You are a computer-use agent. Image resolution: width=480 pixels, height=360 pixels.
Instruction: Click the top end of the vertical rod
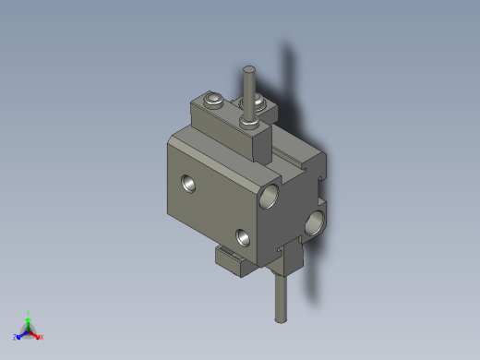point(248,69)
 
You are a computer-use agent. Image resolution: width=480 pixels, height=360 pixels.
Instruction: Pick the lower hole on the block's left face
point(243,236)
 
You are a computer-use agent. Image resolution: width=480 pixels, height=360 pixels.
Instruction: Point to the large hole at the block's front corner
point(271,195)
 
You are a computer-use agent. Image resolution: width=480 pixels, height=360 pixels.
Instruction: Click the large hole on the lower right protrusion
point(315,222)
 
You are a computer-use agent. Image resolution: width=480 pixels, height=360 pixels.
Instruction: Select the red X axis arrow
point(36,334)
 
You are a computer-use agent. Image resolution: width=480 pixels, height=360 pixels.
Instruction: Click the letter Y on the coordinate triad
point(29,313)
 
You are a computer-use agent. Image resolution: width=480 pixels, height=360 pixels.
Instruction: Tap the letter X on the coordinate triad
point(42,337)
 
